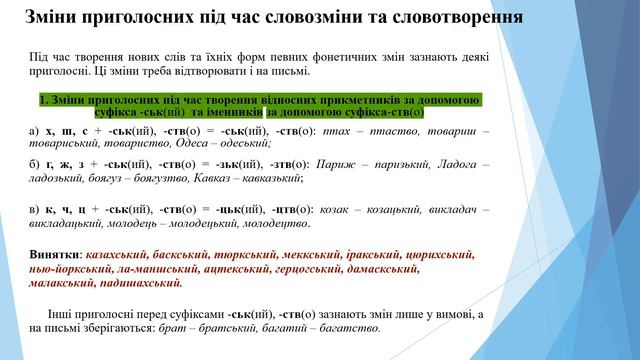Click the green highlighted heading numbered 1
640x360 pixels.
(259, 106)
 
